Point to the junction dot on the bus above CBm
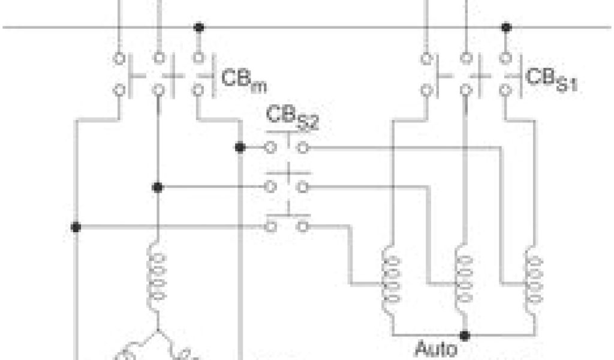pyautogui.click(x=198, y=28)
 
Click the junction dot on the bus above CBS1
pyautogui.click(x=505, y=28)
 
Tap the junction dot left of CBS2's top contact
pyautogui.click(x=240, y=147)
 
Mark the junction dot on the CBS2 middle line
pyautogui.click(x=158, y=187)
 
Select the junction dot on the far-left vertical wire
pyautogui.click(x=76, y=227)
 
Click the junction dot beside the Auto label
pyautogui.click(x=465, y=334)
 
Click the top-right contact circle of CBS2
pyautogui.click(x=303, y=147)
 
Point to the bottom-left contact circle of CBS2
pyautogui.click(x=271, y=227)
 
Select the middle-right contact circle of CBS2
pyautogui.click(x=303, y=187)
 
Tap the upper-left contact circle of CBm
pyautogui.click(x=119, y=59)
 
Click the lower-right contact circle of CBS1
pyautogui.click(x=505, y=91)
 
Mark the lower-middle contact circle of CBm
pyautogui.click(x=158, y=91)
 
